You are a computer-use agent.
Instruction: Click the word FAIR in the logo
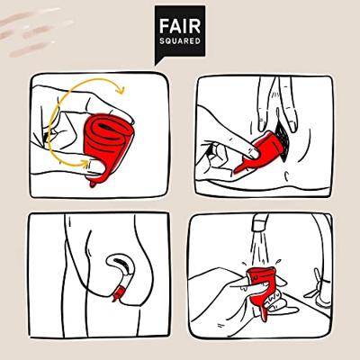click(180, 26)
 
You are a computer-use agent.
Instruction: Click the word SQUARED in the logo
click(180, 40)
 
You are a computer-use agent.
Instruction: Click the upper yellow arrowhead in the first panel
click(121, 89)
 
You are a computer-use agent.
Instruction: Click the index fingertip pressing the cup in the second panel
click(255, 154)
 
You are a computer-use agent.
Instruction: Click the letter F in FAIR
click(164, 26)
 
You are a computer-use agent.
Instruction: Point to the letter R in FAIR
click(195, 26)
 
